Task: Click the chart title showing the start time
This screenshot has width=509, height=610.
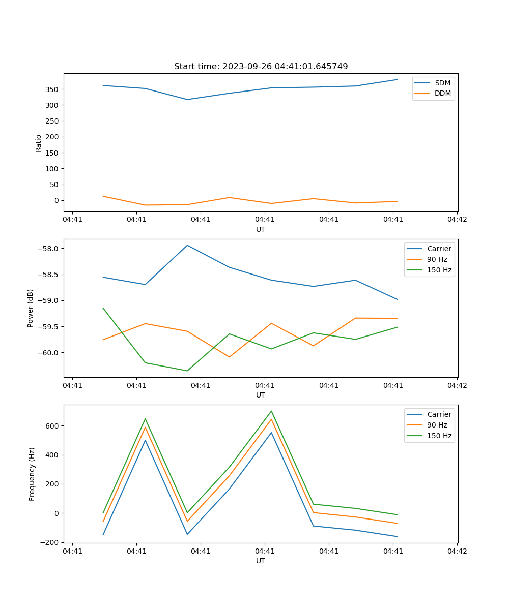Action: [261, 67]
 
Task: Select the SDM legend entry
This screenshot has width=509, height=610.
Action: [442, 83]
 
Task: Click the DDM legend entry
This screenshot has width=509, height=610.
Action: [442, 94]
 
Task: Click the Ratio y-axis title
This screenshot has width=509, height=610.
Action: [39, 142]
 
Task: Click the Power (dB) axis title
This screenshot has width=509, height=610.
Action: [31, 308]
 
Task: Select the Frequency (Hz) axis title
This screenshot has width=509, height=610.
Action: [32, 474]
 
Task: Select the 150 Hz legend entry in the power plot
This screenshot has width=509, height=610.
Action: [439, 270]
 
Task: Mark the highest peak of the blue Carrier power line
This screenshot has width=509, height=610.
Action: [187, 245]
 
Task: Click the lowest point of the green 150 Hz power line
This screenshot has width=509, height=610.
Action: [187, 371]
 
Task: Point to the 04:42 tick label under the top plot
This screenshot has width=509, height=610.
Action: [457, 220]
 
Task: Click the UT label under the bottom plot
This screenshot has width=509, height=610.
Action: [261, 561]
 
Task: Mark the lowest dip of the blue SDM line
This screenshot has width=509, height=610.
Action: [187, 100]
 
